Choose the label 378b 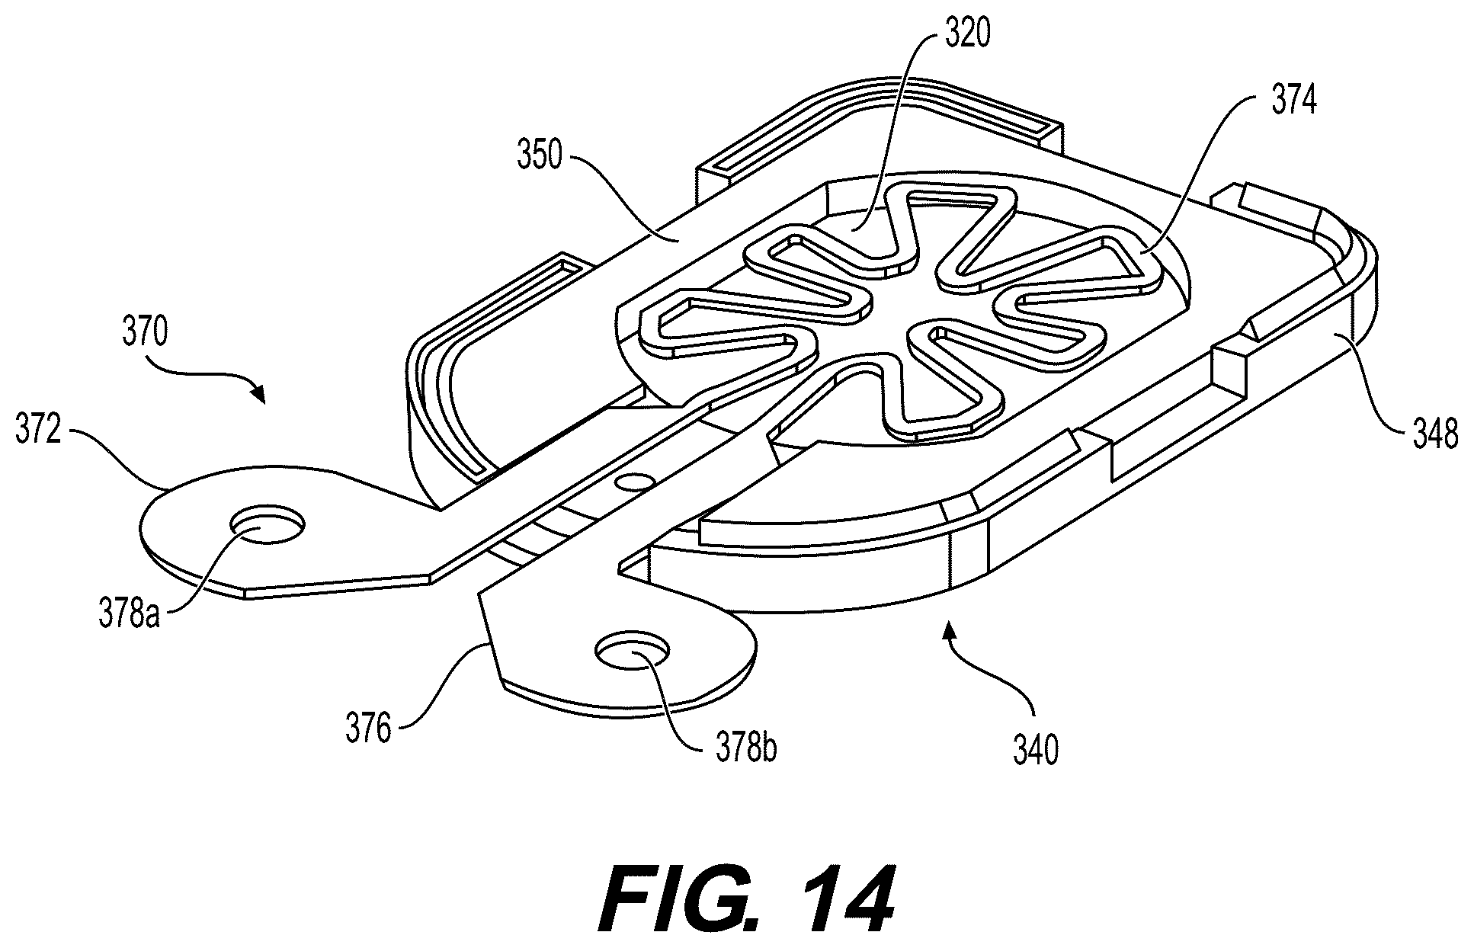pyautogui.click(x=747, y=748)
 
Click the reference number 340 pyautogui.click(x=1036, y=750)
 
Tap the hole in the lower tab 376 pyautogui.click(x=633, y=651)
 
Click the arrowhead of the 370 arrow pyautogui.click(x=260, y=394)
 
